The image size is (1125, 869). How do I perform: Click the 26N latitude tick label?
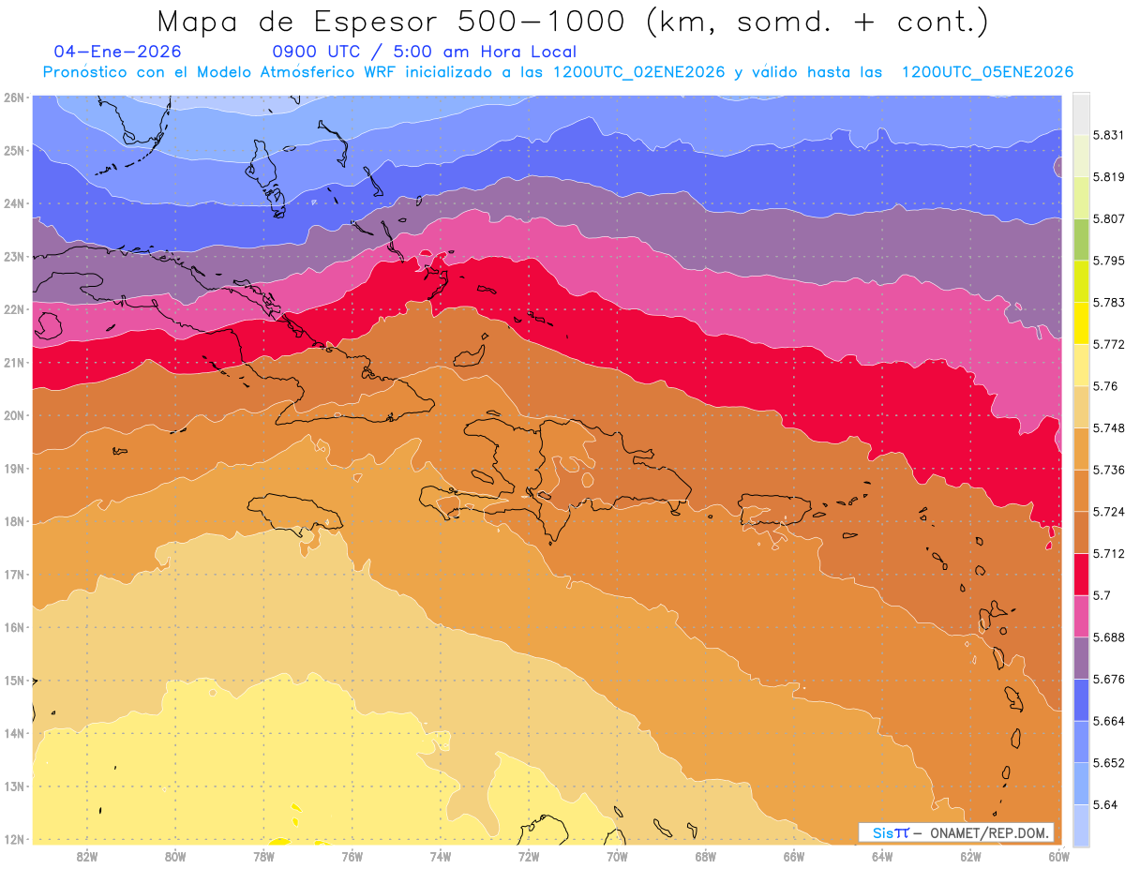coord(13,97)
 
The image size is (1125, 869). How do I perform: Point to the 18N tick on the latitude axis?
coord(13,521)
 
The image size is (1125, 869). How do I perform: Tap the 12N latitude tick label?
coord(13,839)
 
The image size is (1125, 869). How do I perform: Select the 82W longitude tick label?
coord(87,856)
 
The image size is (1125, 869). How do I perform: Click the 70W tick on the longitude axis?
coord(617,856)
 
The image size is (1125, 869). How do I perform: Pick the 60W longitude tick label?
coord(1058,856)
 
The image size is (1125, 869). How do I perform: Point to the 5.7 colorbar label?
coord(1093,594)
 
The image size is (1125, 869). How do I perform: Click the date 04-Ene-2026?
coord(118,52)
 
